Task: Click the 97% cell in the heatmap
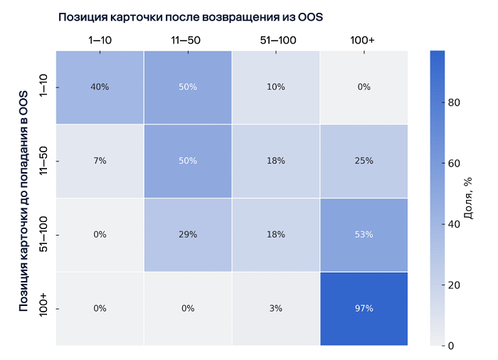coord(364,308)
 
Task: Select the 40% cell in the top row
coord(100,87)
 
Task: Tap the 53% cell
coord(364,234)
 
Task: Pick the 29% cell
coord(188,234)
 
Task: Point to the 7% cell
coord(100,161)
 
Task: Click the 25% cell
coord(364,161)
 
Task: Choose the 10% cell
coord(276,87)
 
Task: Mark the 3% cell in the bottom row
coord(276,308)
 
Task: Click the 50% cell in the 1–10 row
coord(188,87)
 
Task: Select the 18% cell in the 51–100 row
coord(276,234)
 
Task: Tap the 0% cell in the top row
coord(364,87)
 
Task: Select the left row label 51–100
coord(44,234)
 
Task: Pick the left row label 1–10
coord(44,87)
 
